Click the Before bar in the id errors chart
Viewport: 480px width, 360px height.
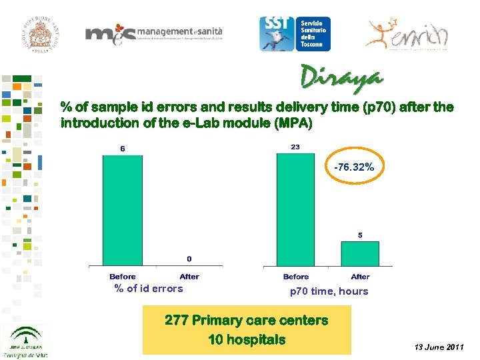click(x=122, y=210)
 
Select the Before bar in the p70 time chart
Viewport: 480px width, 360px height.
click(x=296, y=210)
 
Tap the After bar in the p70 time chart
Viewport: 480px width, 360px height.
click(x=360, y=254)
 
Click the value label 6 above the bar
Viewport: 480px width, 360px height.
click(x=122, y=149)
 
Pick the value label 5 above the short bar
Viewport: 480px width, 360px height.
click(x=360, y=235)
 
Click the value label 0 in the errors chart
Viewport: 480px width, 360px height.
click(x=189, y=259)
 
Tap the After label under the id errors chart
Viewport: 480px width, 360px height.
click(x=189, y=277)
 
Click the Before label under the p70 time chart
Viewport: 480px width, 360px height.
click(x=296, y=277)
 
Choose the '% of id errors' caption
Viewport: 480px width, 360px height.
click(x=149, y=289)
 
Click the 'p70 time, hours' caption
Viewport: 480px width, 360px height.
click(x=329, y=291)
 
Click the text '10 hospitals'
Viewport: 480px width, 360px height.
click(x=247, y=339)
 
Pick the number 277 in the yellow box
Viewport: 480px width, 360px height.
click(x=178, y=321)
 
